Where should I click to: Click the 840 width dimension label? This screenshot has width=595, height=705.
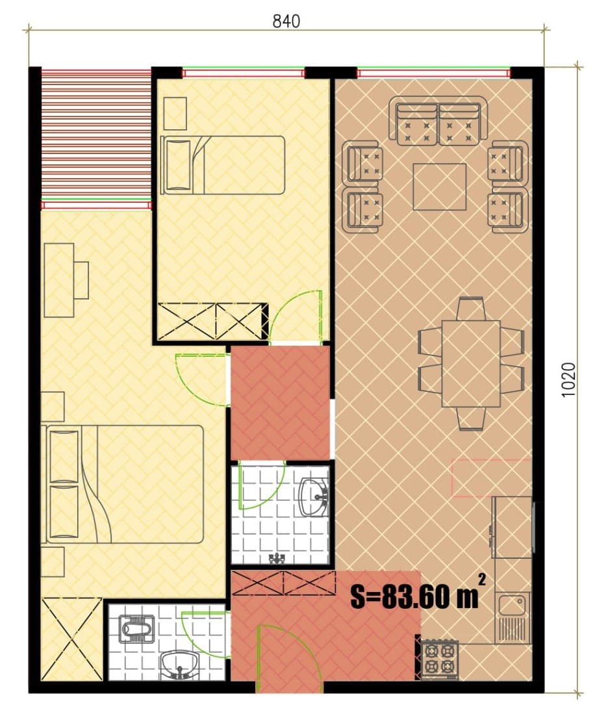(x=286, y=21)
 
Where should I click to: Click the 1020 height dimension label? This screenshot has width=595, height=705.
(x=568, y=379)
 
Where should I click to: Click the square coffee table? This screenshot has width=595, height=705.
(x=440, y=186)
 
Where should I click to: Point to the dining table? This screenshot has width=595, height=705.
(x=471, y=363)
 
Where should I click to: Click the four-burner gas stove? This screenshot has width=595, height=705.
(x=440, y=659)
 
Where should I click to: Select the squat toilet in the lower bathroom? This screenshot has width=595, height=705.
(x=136, y=628)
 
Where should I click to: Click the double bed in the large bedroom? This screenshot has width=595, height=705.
(x=123, y=484)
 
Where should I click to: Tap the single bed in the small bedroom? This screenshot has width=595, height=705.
(x=223, y=165)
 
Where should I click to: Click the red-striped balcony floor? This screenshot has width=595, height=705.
(x=96, y=135)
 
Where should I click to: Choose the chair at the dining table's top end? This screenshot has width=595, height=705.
(x=470, y=309)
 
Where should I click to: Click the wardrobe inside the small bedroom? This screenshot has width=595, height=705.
(x=210, y=321)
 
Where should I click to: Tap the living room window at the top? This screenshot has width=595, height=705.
(x=434, y=72)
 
